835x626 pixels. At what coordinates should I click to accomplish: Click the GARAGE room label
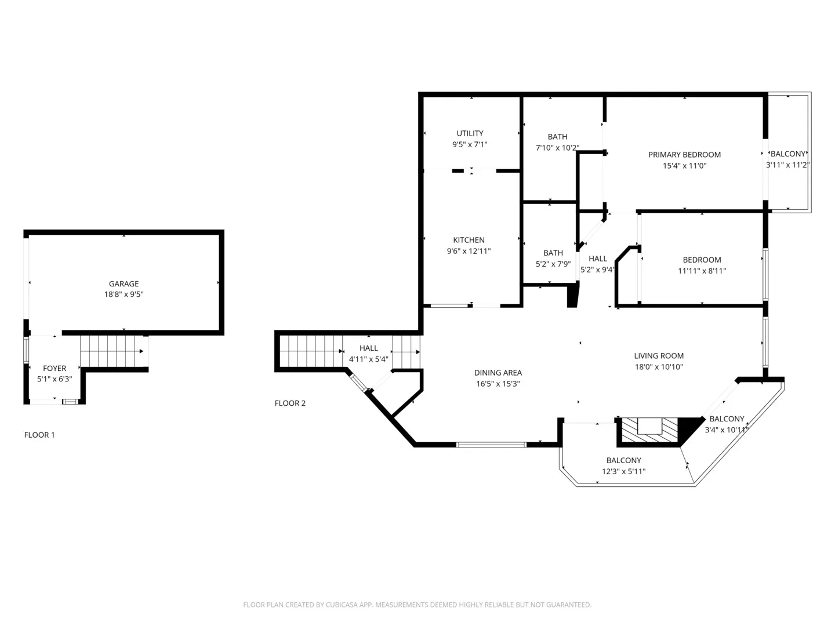(124, 283)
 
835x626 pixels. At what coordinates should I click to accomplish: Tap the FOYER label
(55, 368)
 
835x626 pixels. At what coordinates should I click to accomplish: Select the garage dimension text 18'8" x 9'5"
(124, 294)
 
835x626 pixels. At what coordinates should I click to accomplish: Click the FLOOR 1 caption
(39, 435)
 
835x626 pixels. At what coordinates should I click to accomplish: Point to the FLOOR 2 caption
(290, 403)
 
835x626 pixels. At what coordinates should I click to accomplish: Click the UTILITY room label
(470, 133)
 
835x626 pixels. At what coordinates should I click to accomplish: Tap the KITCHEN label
(469, 240)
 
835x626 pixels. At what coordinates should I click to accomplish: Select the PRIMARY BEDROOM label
(684, 155)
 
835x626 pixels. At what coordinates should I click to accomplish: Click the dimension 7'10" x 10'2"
(557, 147)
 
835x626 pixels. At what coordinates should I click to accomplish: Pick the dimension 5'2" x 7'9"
(553, 264)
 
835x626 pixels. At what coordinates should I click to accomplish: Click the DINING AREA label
(498, 373)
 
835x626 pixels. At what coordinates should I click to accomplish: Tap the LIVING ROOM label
(659, 356)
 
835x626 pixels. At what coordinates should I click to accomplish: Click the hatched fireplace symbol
(650, 430)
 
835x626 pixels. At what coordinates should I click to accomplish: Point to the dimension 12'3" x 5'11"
(623, 471)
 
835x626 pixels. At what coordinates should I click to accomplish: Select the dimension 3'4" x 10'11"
(727, 430)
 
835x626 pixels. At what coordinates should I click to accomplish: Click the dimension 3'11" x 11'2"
(787, 165)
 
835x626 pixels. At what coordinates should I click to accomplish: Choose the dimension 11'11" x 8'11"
(702, 271)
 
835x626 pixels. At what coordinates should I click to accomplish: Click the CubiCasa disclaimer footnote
(418, 605)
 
